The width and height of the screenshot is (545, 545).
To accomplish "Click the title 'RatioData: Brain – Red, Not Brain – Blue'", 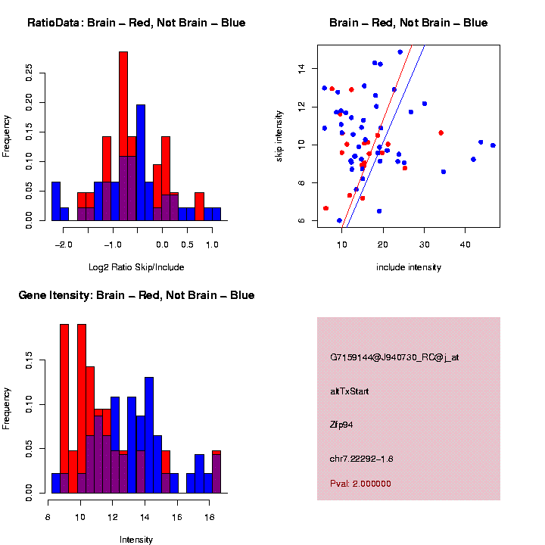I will coord(136,23).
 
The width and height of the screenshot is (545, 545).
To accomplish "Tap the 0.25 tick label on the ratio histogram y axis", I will coord(30,72).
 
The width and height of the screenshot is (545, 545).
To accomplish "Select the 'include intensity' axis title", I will coord(409,267).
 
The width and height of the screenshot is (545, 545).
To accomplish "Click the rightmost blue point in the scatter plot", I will coord(493,145).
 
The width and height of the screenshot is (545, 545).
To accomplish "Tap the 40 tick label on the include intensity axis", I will coord(465,245).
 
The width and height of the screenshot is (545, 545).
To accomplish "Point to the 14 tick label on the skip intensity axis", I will coord(301,68).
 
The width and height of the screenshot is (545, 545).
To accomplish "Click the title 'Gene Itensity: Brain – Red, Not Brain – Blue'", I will coord(136,295).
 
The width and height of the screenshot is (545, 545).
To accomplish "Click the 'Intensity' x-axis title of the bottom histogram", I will coord(136,540).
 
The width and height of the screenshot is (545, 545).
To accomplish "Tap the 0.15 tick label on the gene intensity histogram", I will coord(30,364).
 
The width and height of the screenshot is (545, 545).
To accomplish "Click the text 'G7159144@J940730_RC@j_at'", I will coord(394,357).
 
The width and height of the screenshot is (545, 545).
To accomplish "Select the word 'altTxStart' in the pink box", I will coord(350,391).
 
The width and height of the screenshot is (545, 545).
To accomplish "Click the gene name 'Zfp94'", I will coord(341,425).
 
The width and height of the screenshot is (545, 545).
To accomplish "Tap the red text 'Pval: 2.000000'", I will coord(360,484).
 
